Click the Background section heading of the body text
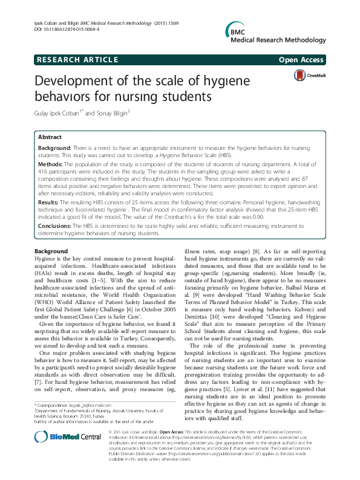(x=51, y=251)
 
